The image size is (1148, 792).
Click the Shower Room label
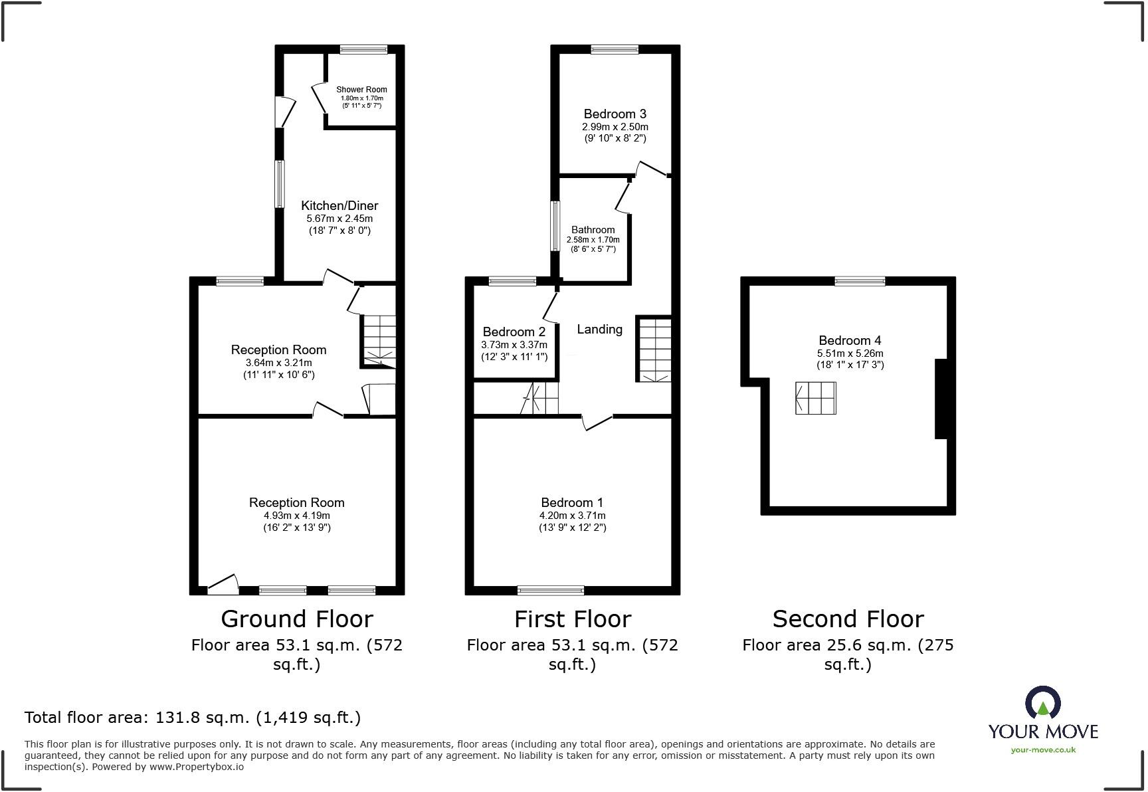(361, 90)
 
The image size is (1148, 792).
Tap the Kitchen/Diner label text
(339, 206)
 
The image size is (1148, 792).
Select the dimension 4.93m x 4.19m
(296, 516)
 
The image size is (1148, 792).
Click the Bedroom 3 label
(615, 114)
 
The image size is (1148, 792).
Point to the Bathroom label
(593, 230)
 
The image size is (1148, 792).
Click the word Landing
(599, 330)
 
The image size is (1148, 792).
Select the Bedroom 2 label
(514, 332)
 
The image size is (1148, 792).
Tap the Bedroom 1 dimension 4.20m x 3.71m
(572, 516)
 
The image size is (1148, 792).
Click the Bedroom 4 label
(850, 341)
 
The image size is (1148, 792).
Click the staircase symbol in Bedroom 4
(815, 398)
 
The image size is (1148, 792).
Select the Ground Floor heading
(296, 619)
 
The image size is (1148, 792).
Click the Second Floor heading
(848, 619)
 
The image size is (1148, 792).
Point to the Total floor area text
(193, 718)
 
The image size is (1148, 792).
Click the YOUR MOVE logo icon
(1042, 704)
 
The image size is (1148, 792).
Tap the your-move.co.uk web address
(1043, 750)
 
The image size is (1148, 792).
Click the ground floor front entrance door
(223, 585)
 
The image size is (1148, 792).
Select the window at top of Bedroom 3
(615, 49)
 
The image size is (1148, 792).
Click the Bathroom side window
(555, 227)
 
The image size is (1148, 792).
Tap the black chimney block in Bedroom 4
(941, 399)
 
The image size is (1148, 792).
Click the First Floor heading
(572, 619)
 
